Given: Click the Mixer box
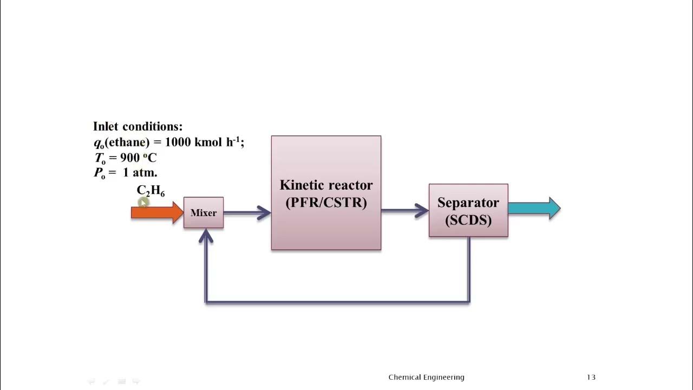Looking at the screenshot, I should [204, 213].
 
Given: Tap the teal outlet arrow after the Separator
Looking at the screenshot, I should [533, 209].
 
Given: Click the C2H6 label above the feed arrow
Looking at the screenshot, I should [151, 191].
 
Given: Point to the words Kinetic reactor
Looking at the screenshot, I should [326, 185].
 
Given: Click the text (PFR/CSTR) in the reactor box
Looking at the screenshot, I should [326, 203].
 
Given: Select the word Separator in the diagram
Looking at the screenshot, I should [468, 203].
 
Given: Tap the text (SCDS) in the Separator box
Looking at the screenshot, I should [468, 220].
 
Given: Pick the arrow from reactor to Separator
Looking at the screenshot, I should [405, 211].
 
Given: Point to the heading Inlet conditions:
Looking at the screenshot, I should [138, 126].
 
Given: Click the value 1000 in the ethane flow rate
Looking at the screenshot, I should [178, 142].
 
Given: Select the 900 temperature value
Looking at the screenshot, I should [130, 158].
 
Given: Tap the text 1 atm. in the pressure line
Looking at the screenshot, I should [140, 173].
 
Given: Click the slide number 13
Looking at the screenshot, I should [591, 377].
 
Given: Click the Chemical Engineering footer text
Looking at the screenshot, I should [426, 377].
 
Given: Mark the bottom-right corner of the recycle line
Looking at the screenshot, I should [469, 302].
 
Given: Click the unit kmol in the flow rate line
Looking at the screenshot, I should [208, 142].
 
